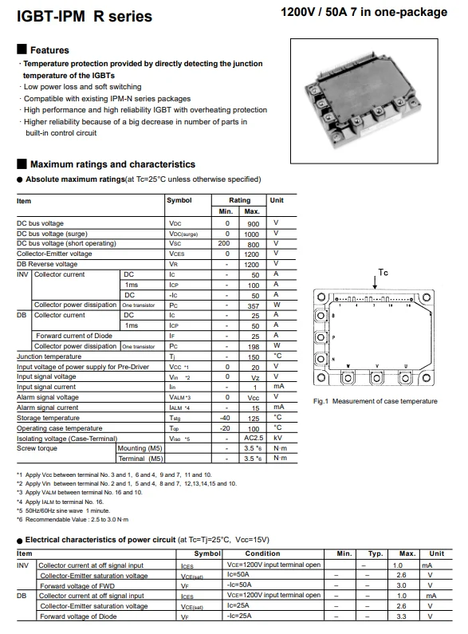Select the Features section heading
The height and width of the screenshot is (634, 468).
pyautogui.click(x=49, y=50)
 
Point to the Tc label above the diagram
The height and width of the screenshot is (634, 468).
pyautogui.click(x=383, y=272)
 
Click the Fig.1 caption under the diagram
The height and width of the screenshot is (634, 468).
pyautogui.click(x=375, y=401)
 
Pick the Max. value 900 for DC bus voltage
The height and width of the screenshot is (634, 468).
pyautogui.click(x=252, y=224)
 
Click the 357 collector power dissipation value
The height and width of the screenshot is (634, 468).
pyautogui.click(x=252, y=305)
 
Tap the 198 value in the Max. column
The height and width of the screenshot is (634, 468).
pyautogui.click(x=252, y=346)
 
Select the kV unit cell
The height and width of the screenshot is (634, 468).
pyautogui.click(x=277, y=438)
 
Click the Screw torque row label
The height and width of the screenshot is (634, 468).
pyautogui.click(x=37, y=448)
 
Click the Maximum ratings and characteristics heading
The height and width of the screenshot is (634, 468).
pyautogui.click(x=112, y=164)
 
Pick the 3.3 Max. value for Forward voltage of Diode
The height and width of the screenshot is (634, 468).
pyautogui.click(x=401, y=616)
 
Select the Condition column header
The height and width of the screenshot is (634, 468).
pyautogui.click(x=262, y=553)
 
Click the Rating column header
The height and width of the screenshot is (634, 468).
pyautogui.click(x=239, y=201)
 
